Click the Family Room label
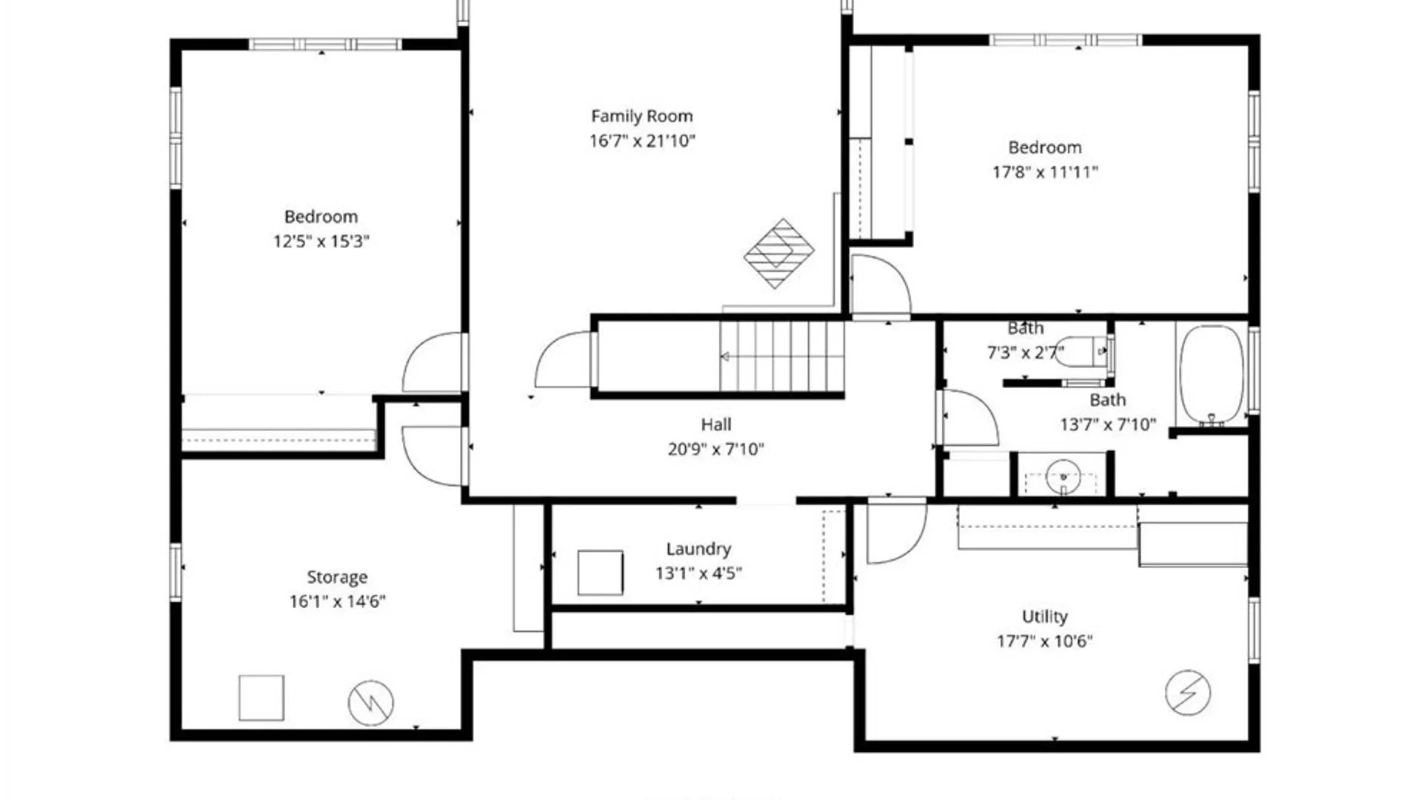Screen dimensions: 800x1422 (641, 116)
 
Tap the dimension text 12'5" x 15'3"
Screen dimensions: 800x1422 (321, 241)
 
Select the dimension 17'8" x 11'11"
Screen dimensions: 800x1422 (1044, 172)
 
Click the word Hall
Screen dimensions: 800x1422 (715, 424)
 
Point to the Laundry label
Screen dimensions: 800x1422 (698, 549)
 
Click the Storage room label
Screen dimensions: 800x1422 (337, 577)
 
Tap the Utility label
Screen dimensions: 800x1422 (1044, 616)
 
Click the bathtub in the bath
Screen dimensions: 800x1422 (1212, 375)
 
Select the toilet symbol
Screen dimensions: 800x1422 (1082, 352)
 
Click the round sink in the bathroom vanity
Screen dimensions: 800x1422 (1063, 476)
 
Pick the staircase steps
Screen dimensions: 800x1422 (782, 356)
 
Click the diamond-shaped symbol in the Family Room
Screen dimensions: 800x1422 (778, 253)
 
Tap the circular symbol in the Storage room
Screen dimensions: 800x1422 (371, 703)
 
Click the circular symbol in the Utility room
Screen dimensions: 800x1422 (1187, 693)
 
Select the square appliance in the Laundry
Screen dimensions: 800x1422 (600, 573)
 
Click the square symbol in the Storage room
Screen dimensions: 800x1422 (261, 698)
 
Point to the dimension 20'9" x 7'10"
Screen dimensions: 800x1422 (715, 449)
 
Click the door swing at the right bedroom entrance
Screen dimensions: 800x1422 (880, 285)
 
